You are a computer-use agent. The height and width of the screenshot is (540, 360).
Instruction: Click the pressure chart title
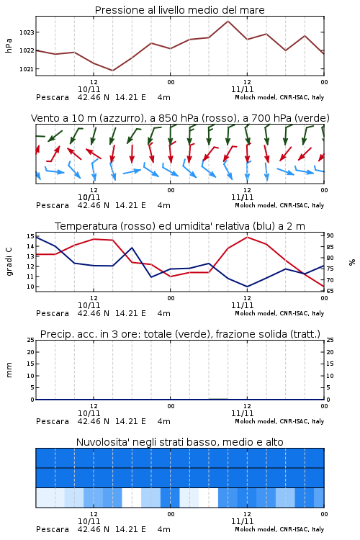pyautogui.click(x=179, y=10)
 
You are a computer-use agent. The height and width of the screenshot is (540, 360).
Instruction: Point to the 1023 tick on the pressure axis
pyautogui.click(x=27, y=32)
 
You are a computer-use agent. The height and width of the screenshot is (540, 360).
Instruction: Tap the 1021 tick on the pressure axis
pyautogui.click(x=27, y=69)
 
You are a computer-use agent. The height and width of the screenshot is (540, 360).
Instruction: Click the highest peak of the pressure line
pyautogui.click(x=228, y=21)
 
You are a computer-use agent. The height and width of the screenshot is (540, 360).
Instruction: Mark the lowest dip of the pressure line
pyautogui.click(x=112, y=71)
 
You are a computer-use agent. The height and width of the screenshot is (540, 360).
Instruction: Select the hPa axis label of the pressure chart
pyautogui.click(x=9, y=45)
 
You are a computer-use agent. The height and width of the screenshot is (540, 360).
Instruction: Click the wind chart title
pyautogui.click(x=180, y=118)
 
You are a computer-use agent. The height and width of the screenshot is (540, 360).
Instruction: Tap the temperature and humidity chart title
pyautogui.click(x=180, y=226)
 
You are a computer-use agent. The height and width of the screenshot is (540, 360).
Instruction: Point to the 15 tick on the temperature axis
pyautogui.click(x=30, y=236)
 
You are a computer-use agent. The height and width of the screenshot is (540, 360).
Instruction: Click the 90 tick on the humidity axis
pyautogui.click(x=330, y=235)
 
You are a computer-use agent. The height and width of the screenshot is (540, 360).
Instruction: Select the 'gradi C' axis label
pyautogui.click(x=9, y=262)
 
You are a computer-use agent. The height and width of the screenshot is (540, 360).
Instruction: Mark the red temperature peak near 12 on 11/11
pyautogui.click(x=247, y=238)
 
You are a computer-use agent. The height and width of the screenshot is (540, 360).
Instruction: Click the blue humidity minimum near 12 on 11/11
pyautogui.click(x=247, y=286)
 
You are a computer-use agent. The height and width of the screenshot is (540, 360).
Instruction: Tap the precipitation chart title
pyautogui.click(x=180, y=334)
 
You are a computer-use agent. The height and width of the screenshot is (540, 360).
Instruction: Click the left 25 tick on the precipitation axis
pyautogui.click(x=30, y=340)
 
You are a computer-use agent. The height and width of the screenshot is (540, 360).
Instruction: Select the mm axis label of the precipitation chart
pyautogui.click(x=9, y=370)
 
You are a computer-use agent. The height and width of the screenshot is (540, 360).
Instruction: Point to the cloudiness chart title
pyautogui.click(x=179, y=442)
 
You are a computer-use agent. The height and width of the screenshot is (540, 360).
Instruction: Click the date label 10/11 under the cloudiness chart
pyautogui.click(x=89, y=521)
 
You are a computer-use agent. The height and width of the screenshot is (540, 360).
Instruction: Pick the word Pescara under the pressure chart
pyautogui.click(x=53, y=97)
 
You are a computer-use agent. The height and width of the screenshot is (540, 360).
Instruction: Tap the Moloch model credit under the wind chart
pyautogui.click(x=279, y=205)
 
